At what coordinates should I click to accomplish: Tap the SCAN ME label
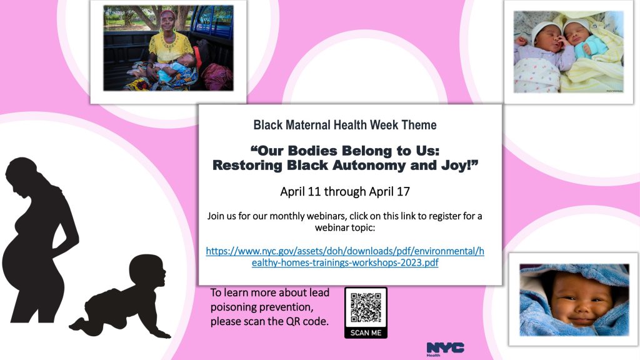click(366, 332)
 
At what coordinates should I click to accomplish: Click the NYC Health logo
click(445, 349)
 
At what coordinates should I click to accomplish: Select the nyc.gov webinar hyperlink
click(345, 257)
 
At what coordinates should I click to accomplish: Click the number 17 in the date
click(403, 191)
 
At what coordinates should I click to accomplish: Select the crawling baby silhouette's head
click(147, 271)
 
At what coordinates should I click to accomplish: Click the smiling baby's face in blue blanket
click(579, 298)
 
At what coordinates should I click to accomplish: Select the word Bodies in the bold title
click(312, 151)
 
